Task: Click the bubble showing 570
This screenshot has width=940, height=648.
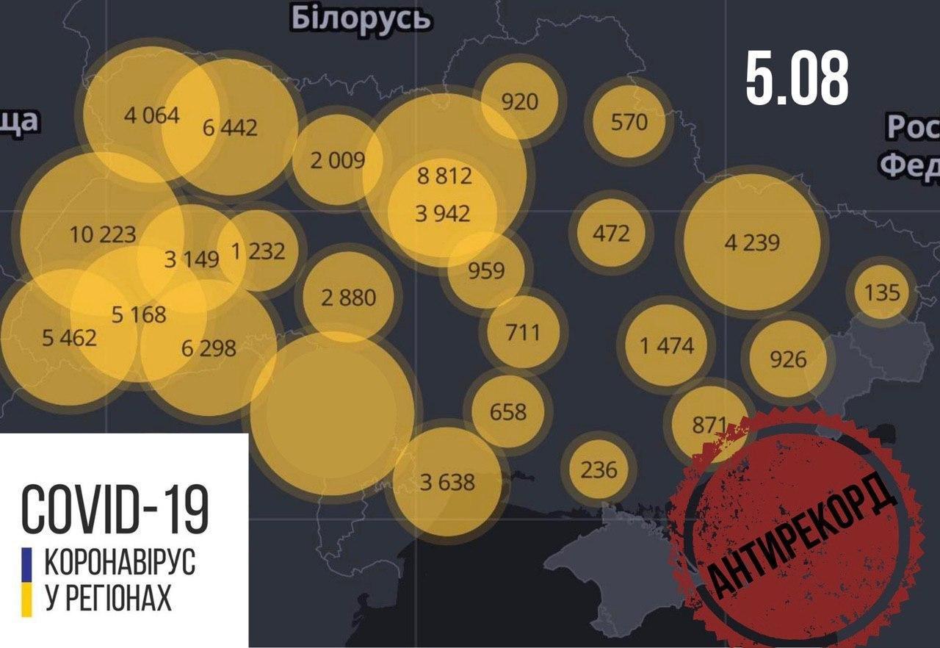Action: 629,120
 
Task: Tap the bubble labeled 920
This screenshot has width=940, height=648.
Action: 520,101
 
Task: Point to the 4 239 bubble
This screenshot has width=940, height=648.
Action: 752,242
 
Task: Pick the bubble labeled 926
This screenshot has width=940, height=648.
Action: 788,359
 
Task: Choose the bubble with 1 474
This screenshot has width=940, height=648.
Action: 666,345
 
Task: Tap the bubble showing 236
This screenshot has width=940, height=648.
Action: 599,469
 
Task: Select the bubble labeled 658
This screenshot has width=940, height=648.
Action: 508,411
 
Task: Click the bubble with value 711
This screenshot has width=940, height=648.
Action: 523,332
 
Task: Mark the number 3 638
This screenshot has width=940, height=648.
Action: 447,483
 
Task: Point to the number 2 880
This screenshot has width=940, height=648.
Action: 348,298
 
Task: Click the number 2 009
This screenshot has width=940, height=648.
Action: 337,159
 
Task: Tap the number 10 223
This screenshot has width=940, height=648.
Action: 103,234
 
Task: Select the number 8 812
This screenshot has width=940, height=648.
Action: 444,176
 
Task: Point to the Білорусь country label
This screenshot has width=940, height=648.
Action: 361,18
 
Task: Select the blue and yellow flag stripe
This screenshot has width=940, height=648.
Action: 28,580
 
